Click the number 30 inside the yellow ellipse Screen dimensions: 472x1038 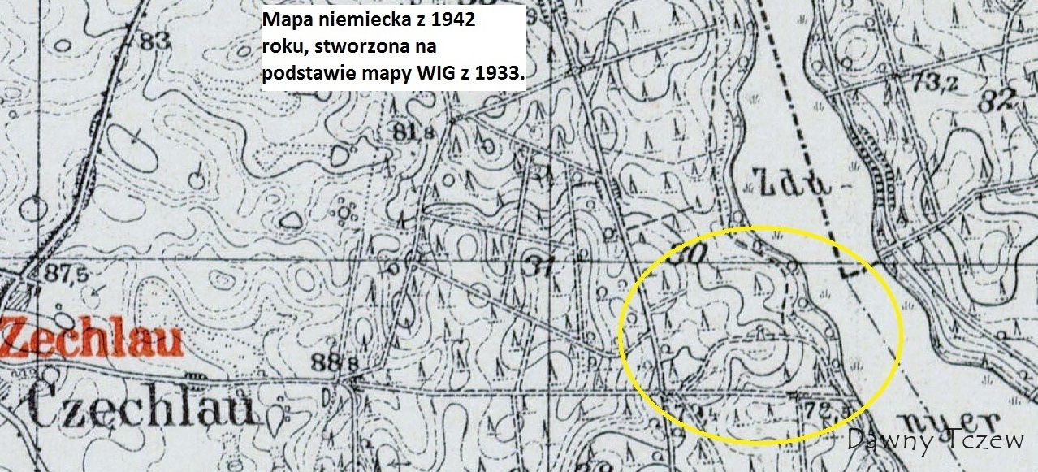690,253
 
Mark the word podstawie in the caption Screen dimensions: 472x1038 304,73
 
